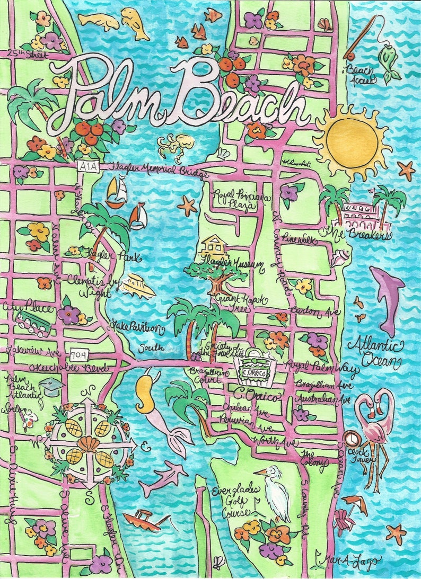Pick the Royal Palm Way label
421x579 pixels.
coord(322,366)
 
